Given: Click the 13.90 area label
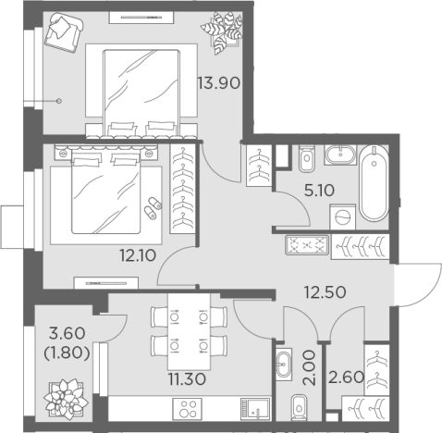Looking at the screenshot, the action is click(x=218, y=83).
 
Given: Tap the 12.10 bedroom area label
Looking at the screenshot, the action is click(x=138, y=255).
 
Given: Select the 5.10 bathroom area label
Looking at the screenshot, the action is click(x=319, y=191).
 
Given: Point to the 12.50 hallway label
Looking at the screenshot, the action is click(x=325, y=292).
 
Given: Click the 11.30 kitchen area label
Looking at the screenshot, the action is click(x=187, y=379).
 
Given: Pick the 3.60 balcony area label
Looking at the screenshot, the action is click(x=67, y=334).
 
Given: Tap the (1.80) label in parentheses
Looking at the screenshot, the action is click(x=68, y=353).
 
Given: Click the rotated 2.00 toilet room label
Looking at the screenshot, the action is click(x=310, y=367).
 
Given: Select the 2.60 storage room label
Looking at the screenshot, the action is click(x=346, y=377).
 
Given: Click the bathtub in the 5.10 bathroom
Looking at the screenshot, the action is click(x=374, y=183).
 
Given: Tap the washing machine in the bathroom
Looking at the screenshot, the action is click(x=342, y=216).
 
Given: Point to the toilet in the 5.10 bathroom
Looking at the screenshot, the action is click(x=307, y=158).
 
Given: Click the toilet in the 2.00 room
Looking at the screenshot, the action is click(x=300, y=407).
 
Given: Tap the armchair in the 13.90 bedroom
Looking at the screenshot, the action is click(x=64, y=32).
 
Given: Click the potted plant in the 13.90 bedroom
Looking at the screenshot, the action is click(x=222, y=32).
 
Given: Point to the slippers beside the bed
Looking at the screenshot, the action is click(x=153, y=208).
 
